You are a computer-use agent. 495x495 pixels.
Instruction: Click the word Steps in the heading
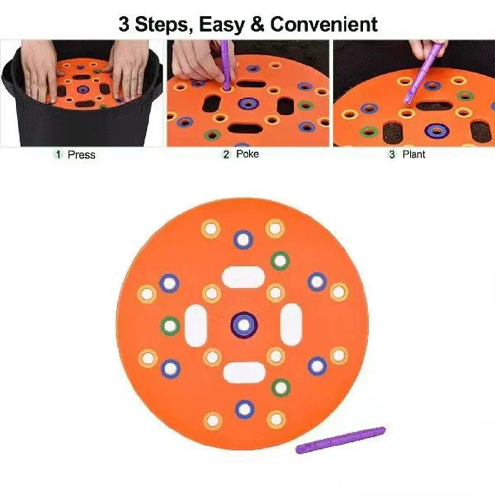click(x=160, y=24)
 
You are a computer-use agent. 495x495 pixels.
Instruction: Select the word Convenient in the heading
click(x=324, y=24)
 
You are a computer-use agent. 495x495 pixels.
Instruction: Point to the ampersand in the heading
click(x=257, y=24)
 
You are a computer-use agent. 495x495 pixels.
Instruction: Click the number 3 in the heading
click(x=124, y=24)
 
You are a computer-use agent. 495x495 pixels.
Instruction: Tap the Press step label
click(x=82, y=155)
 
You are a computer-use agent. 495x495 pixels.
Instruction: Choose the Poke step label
click(x=247, y=154)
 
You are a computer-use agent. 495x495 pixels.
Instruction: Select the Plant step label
click(x=413, y=154)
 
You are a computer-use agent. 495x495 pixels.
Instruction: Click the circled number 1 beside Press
click(x=59, y=155)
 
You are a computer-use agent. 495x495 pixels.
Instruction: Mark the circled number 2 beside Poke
click(x=226, y=155)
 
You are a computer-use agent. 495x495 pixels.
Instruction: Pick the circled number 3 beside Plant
click(x=392, y=155)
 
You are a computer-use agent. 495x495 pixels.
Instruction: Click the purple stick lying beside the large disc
click(x=341, y=440)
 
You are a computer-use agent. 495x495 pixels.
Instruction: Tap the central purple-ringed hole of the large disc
click(x=244, y=325)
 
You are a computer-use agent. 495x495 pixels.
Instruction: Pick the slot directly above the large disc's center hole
click(x=244, y=277)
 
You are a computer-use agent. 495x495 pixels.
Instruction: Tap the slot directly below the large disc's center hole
click(x=244, y=372)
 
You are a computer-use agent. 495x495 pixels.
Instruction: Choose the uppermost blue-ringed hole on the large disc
click(x=243, y=239)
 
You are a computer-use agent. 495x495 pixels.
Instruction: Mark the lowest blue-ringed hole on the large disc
click(x=245, y=409)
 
